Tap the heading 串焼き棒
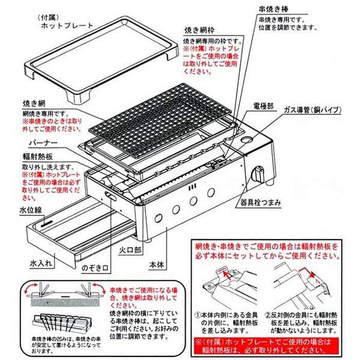coord(276,9)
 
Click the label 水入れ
coord(41,262)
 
